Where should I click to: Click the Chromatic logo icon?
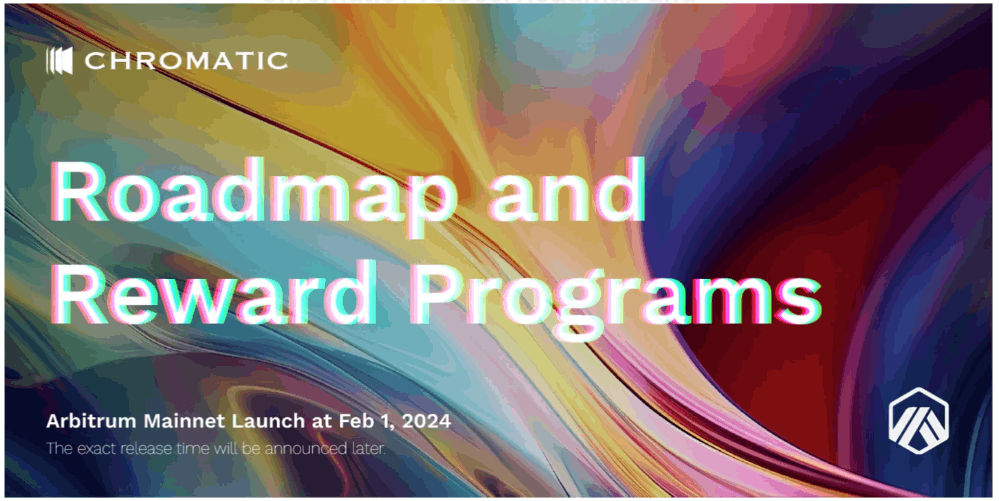coord(59,61)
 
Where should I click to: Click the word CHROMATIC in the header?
coord(186,61)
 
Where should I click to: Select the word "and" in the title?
coord(565,189)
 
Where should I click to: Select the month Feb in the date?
coord(354,421)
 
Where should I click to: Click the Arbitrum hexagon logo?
coord(919,420)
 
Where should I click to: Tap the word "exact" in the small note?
coord(93,449)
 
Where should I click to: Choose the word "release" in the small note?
coord(138,449)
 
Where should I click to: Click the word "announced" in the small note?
coord(310,449)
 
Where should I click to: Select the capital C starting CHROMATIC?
coord(94,61)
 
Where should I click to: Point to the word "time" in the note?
coord(180,449)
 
